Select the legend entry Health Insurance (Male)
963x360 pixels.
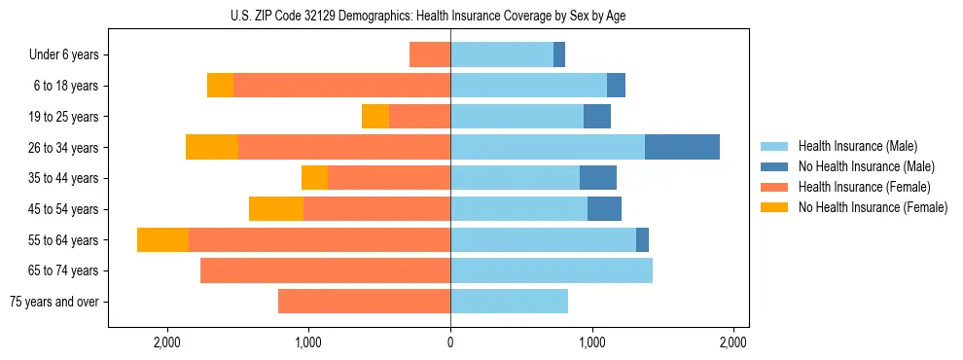pyautogui.click(x=857, y=146)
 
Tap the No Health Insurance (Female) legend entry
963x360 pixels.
pyautogui.click(x=873, y=207)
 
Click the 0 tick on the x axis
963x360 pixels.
pyautogui.click(x=450, y=342)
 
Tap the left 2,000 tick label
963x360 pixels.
pyautogui.click(x=167, y=342)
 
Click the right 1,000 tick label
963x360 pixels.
pyautogui.click(x=591, y=342)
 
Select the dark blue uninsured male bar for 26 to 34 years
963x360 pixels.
pyautogui.click(x=682, y=147)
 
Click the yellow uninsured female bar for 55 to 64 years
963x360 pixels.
pyautogui.click(x=162, y=239)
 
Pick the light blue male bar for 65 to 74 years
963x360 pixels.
pyautogui.click(x=551, y=270)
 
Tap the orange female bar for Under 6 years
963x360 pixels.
pyautogui.click(x=429, y=54)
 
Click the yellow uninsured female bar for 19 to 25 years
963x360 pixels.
pyautogui.click(x=375, y=117)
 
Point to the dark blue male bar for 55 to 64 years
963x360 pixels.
pyautogui.click(x=642, y=239)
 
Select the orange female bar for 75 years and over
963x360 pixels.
pyautogui.click(x=364, y=302)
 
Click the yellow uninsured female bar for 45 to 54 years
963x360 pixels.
pyautogui.click(x=276, y=209)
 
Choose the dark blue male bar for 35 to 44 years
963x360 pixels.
pyautogui.click(x=598, y=178)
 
